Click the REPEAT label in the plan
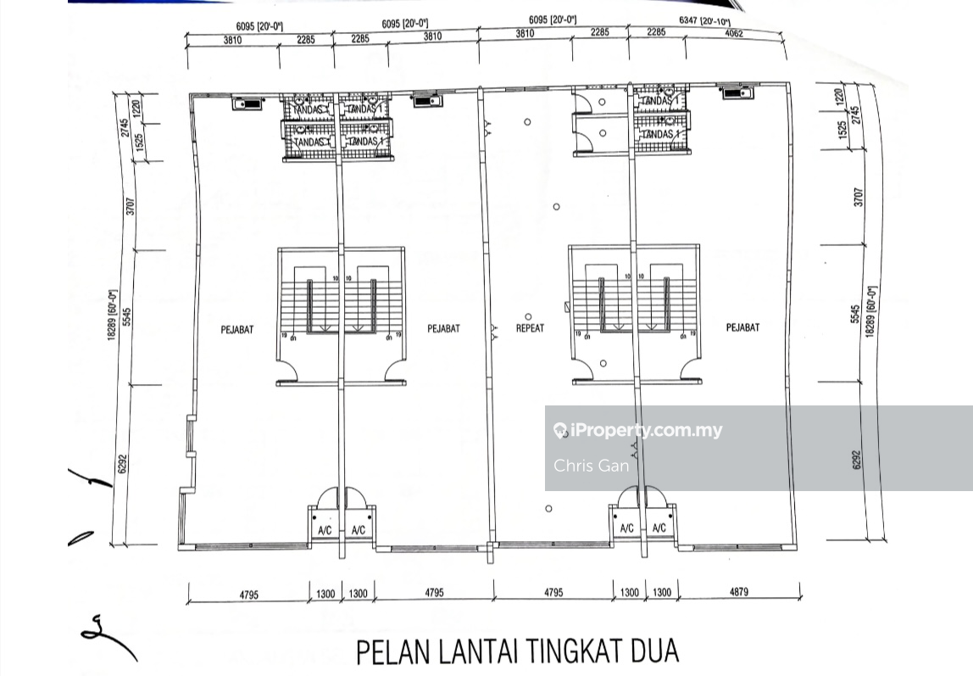pyautogui.click(x=530, y=328)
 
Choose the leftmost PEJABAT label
pyautogui.click(x=237, y=330)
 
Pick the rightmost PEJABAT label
pyautogui.click(x=742, y=327)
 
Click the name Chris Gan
pyautogui.click(x=592, y=466)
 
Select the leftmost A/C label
pyautogui.click(x=325, y=532)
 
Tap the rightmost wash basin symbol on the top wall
pyautogui.click(x=737, y=92)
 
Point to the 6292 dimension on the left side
pyautogui.click(x=121, y=462)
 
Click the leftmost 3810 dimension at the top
pyautogui.click(x=233, y=38)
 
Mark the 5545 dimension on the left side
pyautogui.click(x=127, y=316)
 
